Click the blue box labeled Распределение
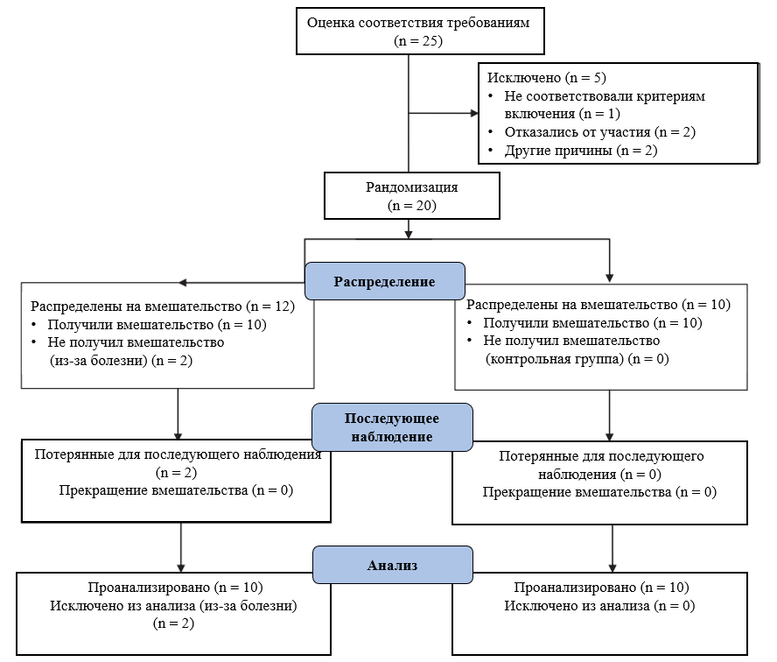pos(384,281)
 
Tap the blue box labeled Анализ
pos(393,565)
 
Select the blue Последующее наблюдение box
pos(392,427)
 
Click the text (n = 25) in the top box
pos(418,40)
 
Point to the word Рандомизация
pos(412,187)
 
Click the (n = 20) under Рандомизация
pos(412,205)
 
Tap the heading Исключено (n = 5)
pos(547,77)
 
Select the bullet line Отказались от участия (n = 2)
pos(600,132)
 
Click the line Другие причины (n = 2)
pos(581,151)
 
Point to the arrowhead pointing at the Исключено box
pos(474,113)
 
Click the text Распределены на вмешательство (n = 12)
pos(163,306)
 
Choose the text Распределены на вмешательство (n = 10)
pos(598,304)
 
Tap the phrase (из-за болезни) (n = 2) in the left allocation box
pos(121,361)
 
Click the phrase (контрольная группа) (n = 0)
pos(577,358)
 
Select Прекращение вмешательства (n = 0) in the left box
pos(176,489)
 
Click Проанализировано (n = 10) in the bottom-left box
pos(175,587)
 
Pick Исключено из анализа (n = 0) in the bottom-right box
pos(599,605)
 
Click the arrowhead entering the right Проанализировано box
pos(612,567)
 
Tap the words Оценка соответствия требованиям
pos(418,23)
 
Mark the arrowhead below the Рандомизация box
pos(409,235)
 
